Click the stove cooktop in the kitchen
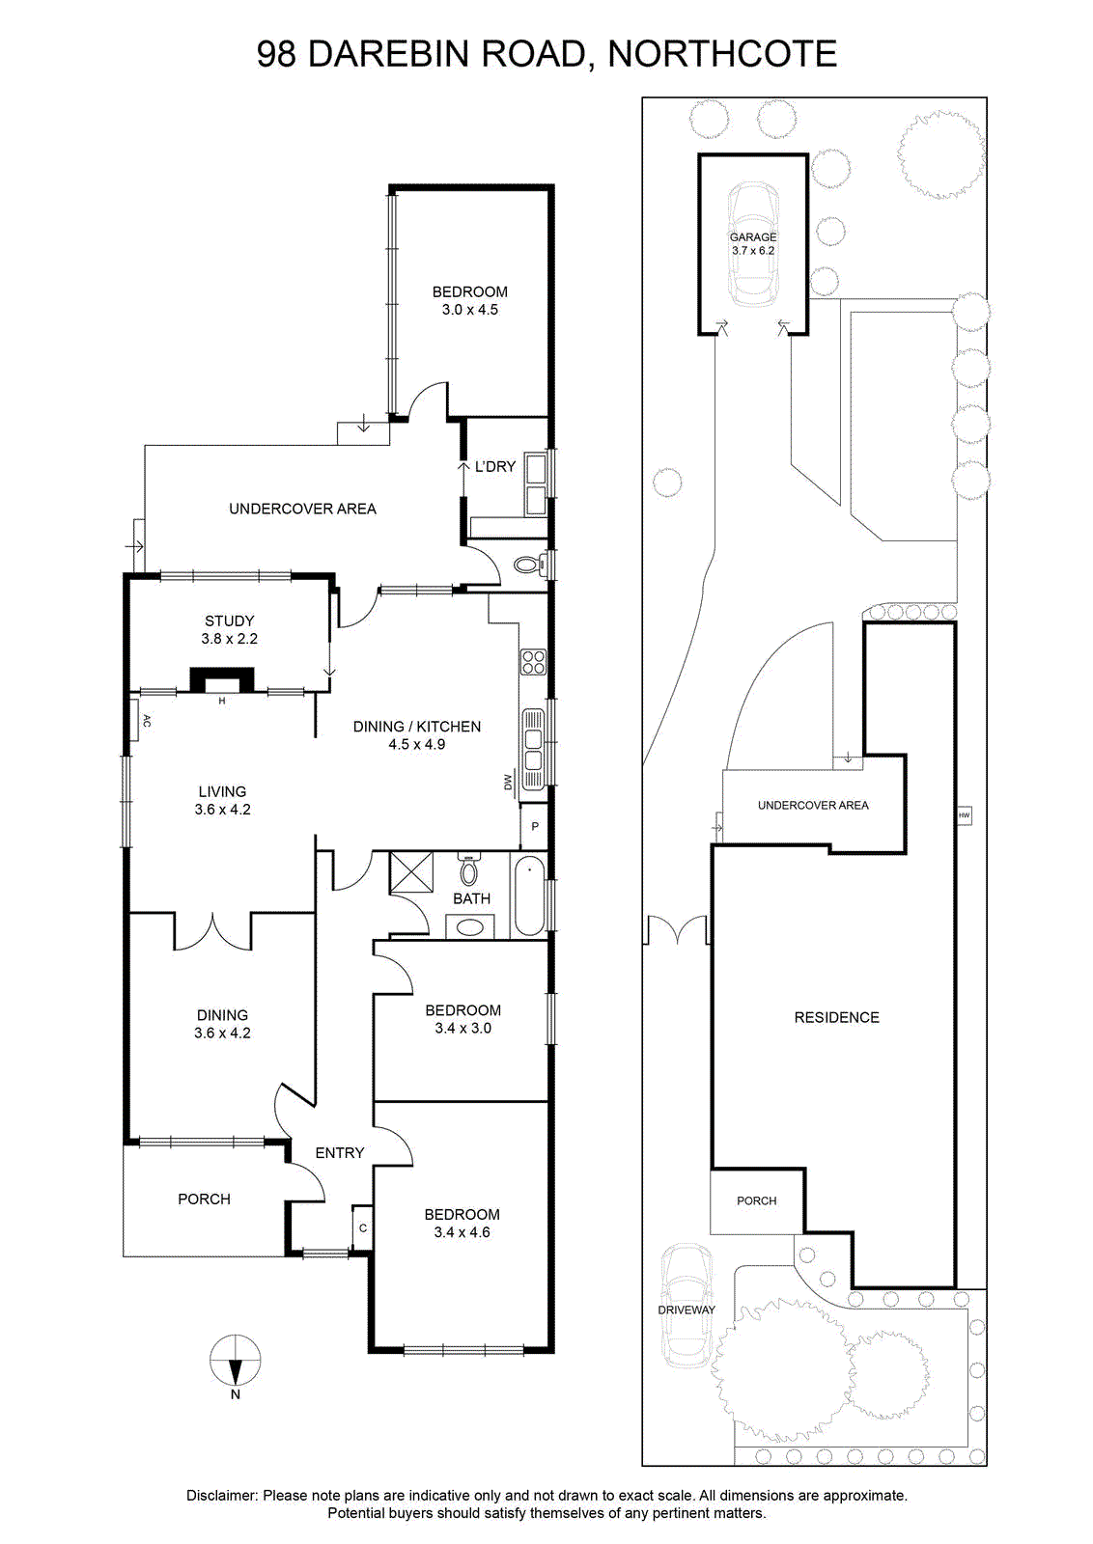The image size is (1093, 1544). [x=533, y=662]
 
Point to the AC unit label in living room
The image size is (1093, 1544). [x=146, y=721]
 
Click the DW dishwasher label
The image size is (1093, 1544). [x=508, y=782]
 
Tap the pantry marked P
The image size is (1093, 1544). [x=535, y=826]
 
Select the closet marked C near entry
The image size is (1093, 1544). [x=363, y=1227]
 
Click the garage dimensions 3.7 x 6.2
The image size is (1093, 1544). [x=753, y=251]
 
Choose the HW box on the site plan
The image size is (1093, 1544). [x=964, y=815]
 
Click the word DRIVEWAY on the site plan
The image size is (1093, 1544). [x=687, y=1310]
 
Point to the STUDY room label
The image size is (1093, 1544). [x=230, y=621]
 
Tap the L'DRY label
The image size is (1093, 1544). [x=495, y=467]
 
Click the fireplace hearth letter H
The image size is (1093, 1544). [x=222, y=701]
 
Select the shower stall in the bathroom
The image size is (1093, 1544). [x=411, y=873]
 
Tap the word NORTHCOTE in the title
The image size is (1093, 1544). [x=722, y=54]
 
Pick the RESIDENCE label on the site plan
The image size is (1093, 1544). [x=836, y=1017]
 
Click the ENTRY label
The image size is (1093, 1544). [x=340, y=1152]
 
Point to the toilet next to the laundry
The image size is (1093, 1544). [x=531, y=565]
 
